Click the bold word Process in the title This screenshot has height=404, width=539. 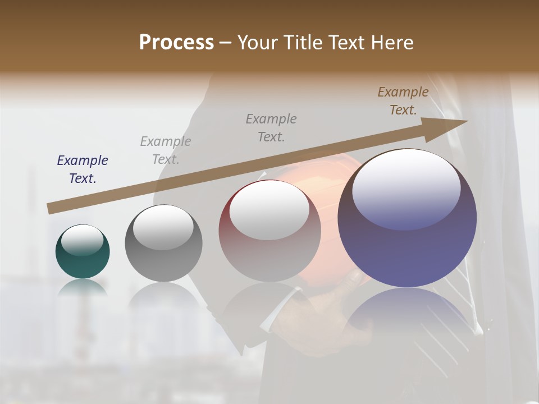(x=176, y=43)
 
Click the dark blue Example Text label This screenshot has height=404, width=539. (x=83, y=169)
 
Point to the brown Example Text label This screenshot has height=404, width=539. (x=403, y=101)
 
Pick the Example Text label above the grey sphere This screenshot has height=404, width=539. (x=166, y=150)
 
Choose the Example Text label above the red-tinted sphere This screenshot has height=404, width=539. (x=271, y=127)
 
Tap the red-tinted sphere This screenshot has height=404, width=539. (x=269, y=231)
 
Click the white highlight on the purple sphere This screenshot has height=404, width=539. (x=406, y=188)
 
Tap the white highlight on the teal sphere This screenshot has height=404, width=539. (x=82, y=240)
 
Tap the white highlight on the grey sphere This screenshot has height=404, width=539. (x=163, y=228)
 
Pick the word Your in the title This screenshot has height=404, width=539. (x=257, y=43)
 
